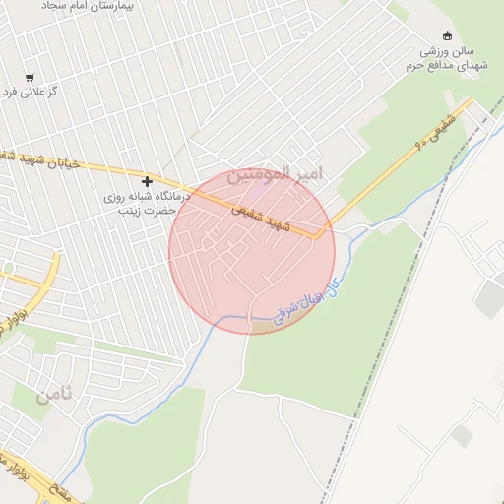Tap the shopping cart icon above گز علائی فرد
[31, 78]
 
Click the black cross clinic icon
[148, 181]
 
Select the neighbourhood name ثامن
[54, 396]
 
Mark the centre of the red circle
[252, 252]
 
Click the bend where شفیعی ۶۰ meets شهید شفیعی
[320, 235]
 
